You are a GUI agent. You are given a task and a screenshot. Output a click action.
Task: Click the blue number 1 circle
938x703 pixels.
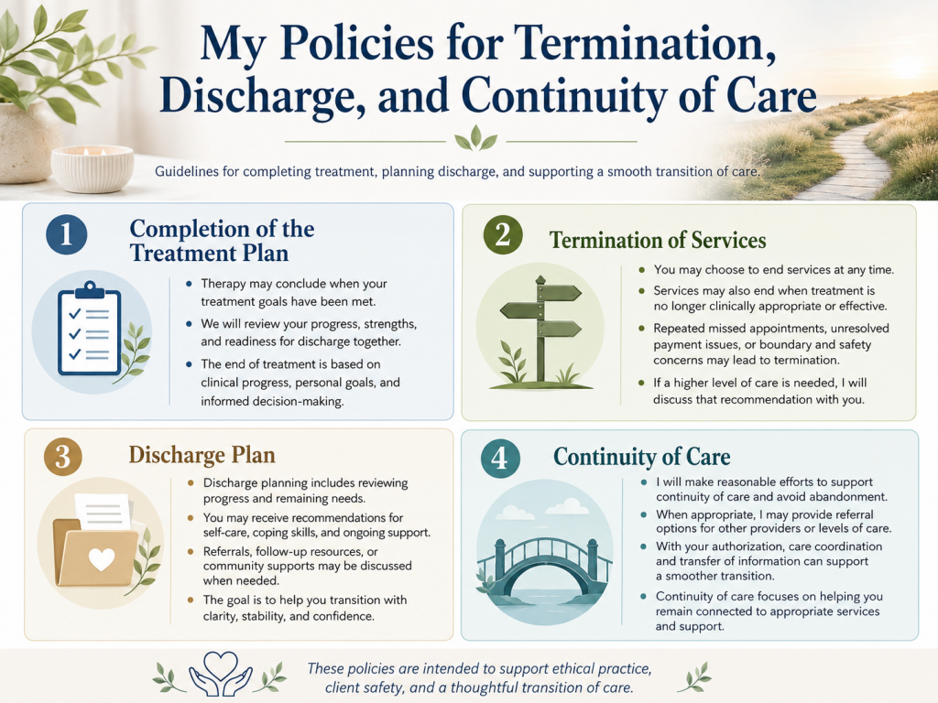pyautogui.click(x=66, y=234)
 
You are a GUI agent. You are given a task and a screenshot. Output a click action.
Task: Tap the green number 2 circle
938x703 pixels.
pyautogui.click(x=503, y=235)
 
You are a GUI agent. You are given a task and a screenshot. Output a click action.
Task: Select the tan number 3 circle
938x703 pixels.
pyautogui.click(x=63, y=458)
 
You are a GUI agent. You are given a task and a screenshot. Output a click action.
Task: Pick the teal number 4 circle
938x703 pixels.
pyautogui.click(x=500, y=459)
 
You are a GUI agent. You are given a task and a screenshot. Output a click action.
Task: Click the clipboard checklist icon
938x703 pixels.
pyautogui.click(x=90, y=329)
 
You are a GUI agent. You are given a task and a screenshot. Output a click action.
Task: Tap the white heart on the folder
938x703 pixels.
pyautogui.click(x=101, y=559)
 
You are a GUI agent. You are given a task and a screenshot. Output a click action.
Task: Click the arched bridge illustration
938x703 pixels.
pyautogui.click(x=544, y=566)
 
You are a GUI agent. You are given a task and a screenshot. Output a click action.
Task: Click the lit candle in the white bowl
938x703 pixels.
pyautogui.click(x=93, y=169)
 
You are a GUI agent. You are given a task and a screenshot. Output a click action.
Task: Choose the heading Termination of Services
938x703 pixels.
pyautogui.click(x=658, y=241)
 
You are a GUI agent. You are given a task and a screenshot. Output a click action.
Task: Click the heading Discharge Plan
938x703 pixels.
pyautogui.click(x=202, y=455)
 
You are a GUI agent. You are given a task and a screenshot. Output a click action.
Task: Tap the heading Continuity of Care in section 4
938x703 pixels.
pyautogui.click(x=642, y=457)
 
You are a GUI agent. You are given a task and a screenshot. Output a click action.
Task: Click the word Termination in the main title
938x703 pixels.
pyautogui.click(x=645, y=43)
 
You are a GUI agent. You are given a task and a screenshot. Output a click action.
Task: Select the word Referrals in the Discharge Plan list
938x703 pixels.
pyautogui.click(x=226, y=551)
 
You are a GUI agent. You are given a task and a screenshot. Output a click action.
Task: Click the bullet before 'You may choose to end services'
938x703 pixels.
pyautogui.click(x=642, y=270)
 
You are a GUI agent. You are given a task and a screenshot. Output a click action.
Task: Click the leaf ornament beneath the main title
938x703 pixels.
pyautogui.click(x=475, y=139)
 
